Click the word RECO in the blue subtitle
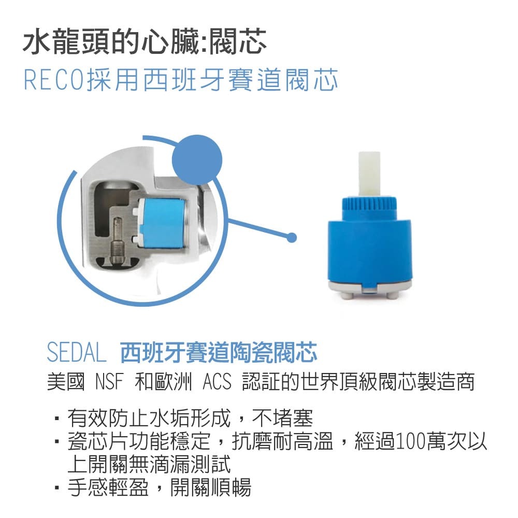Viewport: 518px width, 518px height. pyautogui.click(x=53, y=80)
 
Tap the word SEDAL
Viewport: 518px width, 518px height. pyautogui.click(x=77, y=352)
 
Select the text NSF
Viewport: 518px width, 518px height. pyautogui.click(x=109, y=382)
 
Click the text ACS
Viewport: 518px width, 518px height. pyautogui.click(x=217, y=382)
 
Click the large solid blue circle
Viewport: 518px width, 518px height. pyautogui.click(x=197, y=160)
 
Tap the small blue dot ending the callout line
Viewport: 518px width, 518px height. pyautogui.click(x=292, y=238)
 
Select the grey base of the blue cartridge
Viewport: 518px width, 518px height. pyautogui.click(x=369, y=289)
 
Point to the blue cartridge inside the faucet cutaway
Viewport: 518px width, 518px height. pyautogui.click(x=162, y=223)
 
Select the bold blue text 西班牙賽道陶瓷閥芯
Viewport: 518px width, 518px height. pyautogui.click(x=219, y=352)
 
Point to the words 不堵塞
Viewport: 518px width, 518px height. pyautogui.click(x=282, y=418)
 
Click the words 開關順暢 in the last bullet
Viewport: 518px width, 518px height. pyautogui.click(x=211, y=487)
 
